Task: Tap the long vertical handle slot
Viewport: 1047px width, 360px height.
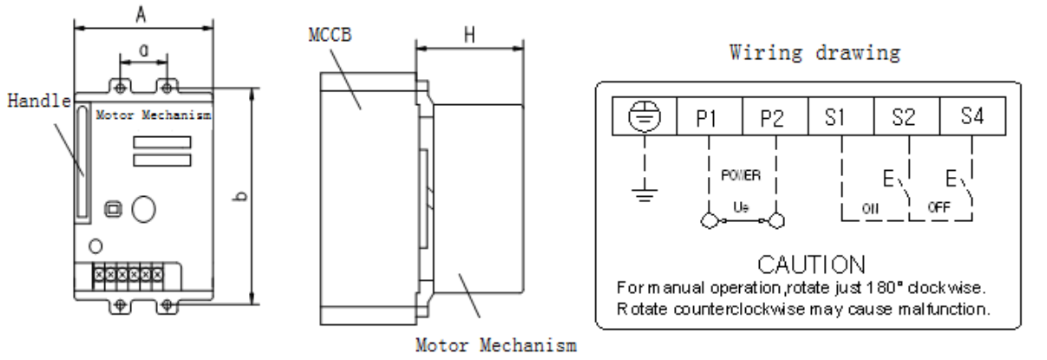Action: pyautogui.click(x=82, y=162)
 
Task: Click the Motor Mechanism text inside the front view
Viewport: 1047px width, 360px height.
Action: pyautogui.click(x=153, y=114)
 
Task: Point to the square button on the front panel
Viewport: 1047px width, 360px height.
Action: pyautogui.click(x=112, y=208)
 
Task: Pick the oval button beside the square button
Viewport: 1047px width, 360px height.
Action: pyautogui.click(x=141, y=208)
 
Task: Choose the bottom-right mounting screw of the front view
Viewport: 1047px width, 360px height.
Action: pyautogui.click(x=167, y=305)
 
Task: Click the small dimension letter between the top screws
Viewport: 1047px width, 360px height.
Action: pyautogui.click(x=142, y=49)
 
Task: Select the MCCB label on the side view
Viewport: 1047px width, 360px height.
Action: pyautogui.click(x=330, y=35)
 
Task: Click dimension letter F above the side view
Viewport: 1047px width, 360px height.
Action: pyautogui.click(x=468, y=35)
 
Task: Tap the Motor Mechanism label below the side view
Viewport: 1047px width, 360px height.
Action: pyautogui.click(x=496, y=345)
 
